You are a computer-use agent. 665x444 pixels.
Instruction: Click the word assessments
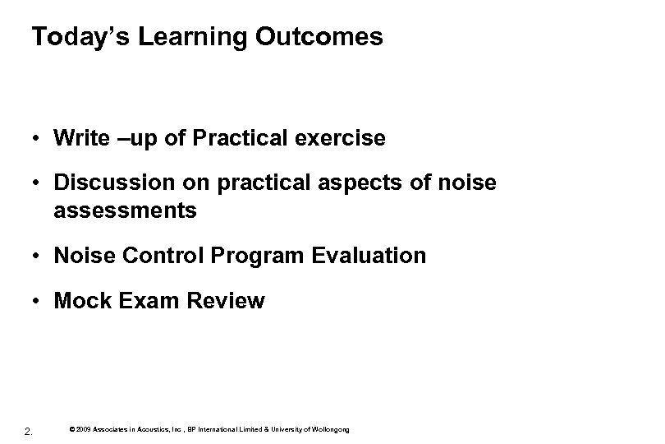pos(125,210)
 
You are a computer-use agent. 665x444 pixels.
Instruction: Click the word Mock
pos(79,302)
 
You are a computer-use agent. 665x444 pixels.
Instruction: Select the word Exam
pos(139,302)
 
